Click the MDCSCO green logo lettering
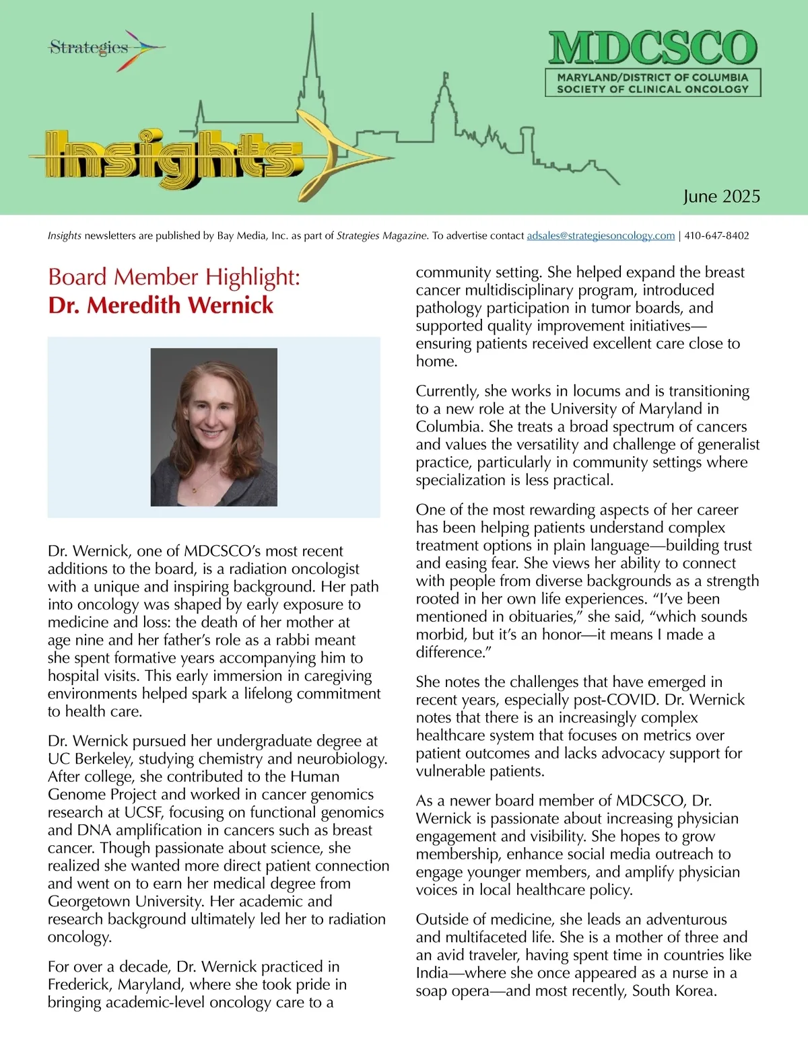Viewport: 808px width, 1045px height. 652,48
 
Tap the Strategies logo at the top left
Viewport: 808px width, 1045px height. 90,48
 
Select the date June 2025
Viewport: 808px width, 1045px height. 721,196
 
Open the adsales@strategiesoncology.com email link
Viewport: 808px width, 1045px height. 601,236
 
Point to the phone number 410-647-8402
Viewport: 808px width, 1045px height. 716,236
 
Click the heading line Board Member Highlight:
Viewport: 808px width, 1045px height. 174,277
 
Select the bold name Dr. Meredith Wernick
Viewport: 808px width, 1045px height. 160,305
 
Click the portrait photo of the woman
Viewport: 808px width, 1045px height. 213,427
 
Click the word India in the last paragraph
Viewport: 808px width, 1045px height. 432,973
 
